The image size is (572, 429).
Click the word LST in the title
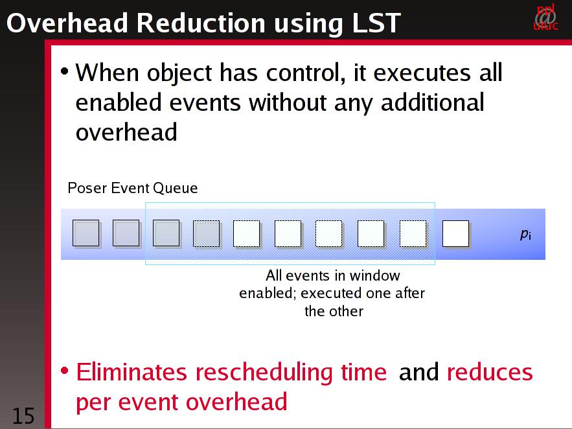point(376,23)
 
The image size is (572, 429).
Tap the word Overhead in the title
point(67,23)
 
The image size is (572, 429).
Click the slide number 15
point(23,416)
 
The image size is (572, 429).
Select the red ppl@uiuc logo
point(545,17)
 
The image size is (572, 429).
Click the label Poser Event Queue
point(133,188)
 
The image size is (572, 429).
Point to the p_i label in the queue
point(525,234)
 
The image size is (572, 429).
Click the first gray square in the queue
point(86,233)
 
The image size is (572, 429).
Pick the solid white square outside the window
point(456,234)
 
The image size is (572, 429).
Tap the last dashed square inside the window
point(413,234)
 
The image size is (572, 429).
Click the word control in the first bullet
point(306,73)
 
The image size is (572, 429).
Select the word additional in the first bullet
point(433,102)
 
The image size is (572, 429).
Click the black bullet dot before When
point(65,71)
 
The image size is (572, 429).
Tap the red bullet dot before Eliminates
point(65,371)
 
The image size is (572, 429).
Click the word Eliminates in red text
point(132,373)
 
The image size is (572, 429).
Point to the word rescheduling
point(264,373)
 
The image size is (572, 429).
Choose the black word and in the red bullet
point(418,373)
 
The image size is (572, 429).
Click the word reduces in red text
point(490,373)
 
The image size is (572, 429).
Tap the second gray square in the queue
point(126,233)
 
